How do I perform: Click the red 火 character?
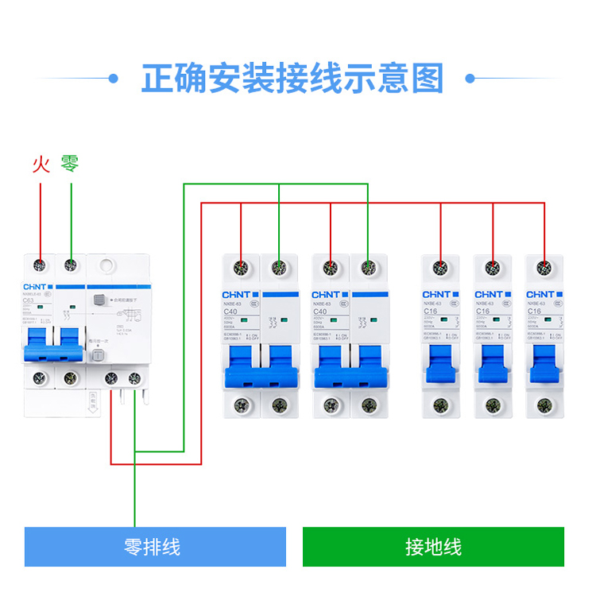(x=41, y=164)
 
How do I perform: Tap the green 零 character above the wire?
(x=70, y=164)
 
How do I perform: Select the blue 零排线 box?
(x=155, y=547)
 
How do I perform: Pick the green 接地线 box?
(x=433, y=547)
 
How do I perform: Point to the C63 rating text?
(x=29, y=300)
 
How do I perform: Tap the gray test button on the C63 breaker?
(x=99, y=301)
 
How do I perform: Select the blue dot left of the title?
(x=113, y=79)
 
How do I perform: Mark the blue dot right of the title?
(x=470, y=79)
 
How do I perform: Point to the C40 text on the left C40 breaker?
(x=230, y=312)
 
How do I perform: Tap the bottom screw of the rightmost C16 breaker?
(x=544, y=405)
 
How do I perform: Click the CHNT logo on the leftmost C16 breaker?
(x=436, y=295)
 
